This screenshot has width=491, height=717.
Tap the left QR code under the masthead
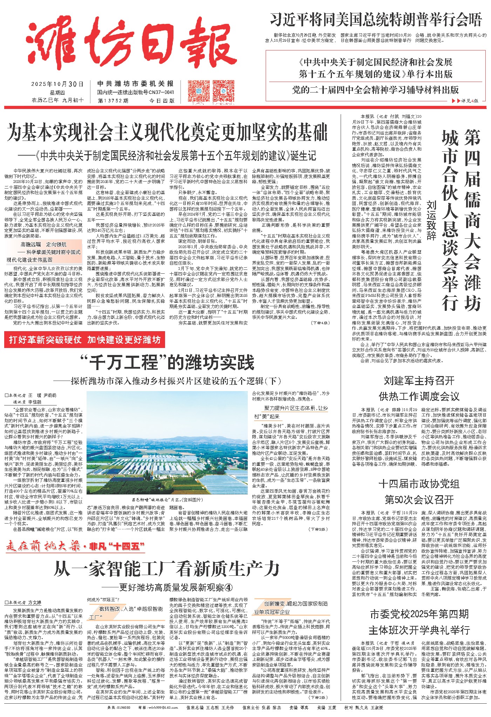click(x=199, y=91)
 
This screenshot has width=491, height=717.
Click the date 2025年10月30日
click(x=57, y=84)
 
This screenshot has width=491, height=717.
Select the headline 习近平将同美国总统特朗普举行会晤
click(x=376, y=20)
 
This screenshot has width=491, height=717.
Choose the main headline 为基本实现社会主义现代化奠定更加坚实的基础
click(x=167, y=132)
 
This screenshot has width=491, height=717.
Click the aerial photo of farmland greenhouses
click(x=167, y=443)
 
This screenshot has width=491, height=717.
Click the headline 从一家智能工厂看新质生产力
click(x=167, y=568)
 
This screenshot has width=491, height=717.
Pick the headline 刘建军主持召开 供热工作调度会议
click(x=419, y=388)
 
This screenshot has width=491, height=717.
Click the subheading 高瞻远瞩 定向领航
click(x=43, y=244)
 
